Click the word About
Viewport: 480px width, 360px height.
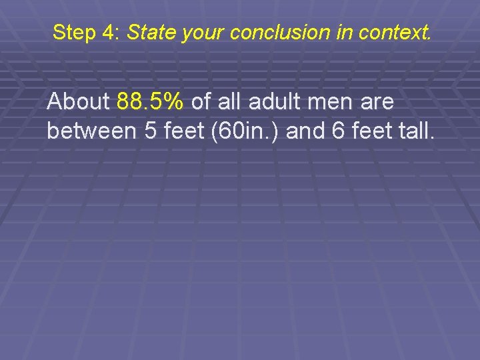(79, 102)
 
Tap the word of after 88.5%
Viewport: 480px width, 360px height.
(201, 102)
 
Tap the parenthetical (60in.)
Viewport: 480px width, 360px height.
(245, 131)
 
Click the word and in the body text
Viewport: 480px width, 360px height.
(309, 131)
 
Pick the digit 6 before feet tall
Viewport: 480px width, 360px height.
(339, 131)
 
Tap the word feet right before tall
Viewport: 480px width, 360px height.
(371, 131)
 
